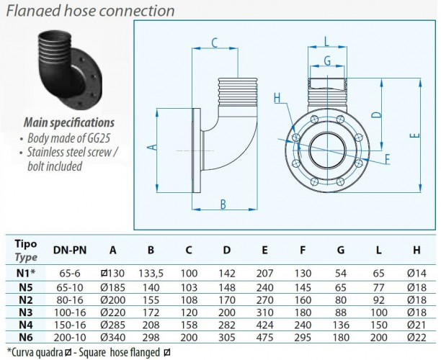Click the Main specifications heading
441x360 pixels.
point(69,122)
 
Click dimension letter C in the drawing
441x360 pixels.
point(215,42)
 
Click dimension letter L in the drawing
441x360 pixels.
point(326,40)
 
